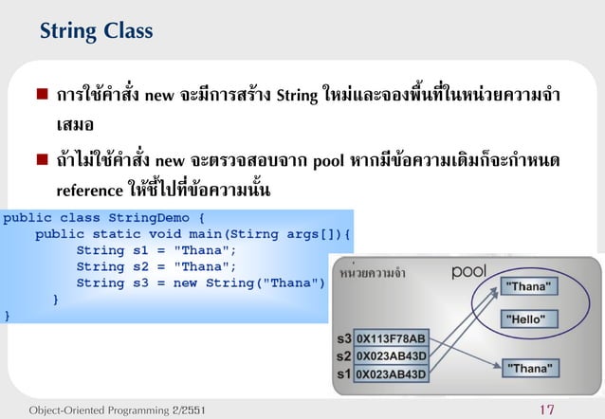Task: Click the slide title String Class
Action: click(96, 32)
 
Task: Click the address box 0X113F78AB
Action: click(392, 337)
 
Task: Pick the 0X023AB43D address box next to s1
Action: click(392, 373)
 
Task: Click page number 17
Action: click(545, 410)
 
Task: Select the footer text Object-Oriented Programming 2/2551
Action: click(116, 410)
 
